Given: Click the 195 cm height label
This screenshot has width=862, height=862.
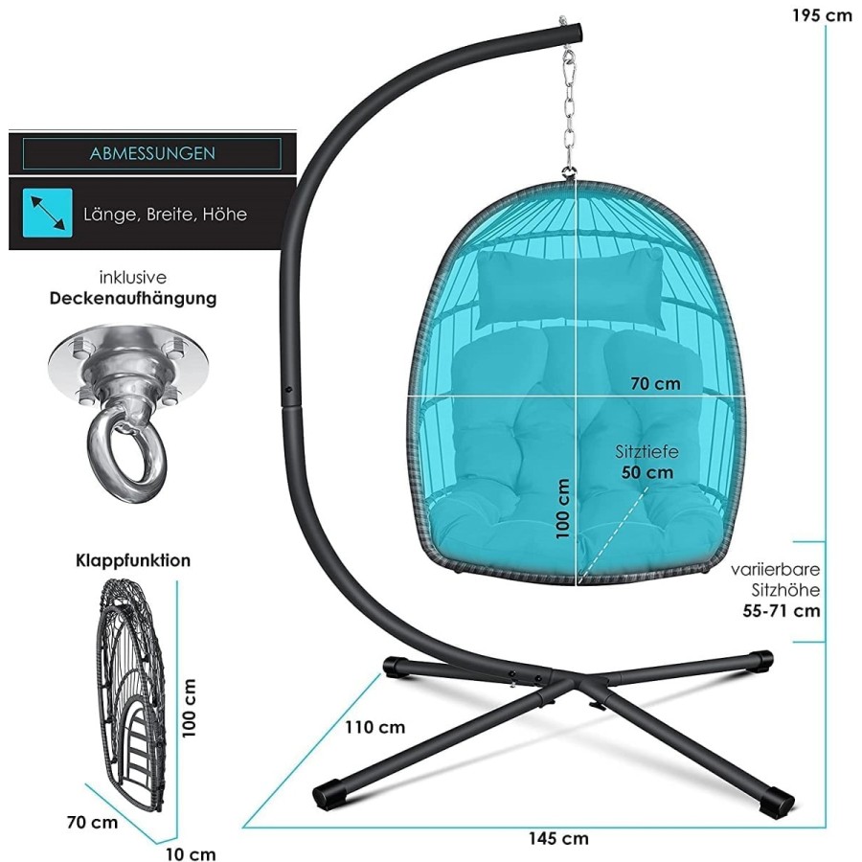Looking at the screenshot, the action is pos(822,15).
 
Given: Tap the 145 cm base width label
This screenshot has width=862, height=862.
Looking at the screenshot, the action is pos(558,838).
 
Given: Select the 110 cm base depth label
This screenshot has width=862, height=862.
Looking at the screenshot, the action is pos(374,727).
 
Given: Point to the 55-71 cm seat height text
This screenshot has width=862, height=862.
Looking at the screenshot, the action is pos(782,610).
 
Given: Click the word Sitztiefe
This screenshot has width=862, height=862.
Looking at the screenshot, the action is pos(646,452).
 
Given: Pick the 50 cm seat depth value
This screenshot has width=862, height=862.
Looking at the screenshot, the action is pos(647,472).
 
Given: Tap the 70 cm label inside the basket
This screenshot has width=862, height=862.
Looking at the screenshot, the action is pos(655,384).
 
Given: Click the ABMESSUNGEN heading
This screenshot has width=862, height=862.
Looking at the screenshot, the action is pos(152,153).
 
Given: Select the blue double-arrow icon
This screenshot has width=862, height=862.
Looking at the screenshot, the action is pos(47,213).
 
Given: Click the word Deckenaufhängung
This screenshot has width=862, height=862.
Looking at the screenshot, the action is pos(133,299).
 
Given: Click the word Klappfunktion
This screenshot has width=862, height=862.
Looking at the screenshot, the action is pos(133,560).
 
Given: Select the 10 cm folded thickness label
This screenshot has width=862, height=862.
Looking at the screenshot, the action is pos(191,853).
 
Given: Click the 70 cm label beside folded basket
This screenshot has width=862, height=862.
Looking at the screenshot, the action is pos(92,823).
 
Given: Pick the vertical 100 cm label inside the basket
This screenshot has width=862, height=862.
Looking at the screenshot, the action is pos(562,509).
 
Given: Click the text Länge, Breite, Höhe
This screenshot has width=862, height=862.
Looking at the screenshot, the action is pos(165,214).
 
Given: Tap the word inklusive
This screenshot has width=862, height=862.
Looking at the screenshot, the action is pos(133,278).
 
